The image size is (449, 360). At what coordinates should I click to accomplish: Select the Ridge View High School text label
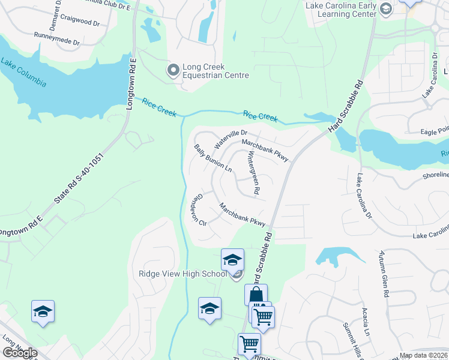point(182,274)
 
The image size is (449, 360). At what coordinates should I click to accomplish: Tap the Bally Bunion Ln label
point(212,158)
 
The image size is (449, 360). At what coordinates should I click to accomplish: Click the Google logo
point(19,353)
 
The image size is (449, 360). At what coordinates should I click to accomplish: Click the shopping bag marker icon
point(256,295)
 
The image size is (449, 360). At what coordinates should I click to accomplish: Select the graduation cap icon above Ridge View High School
point(232,260)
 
